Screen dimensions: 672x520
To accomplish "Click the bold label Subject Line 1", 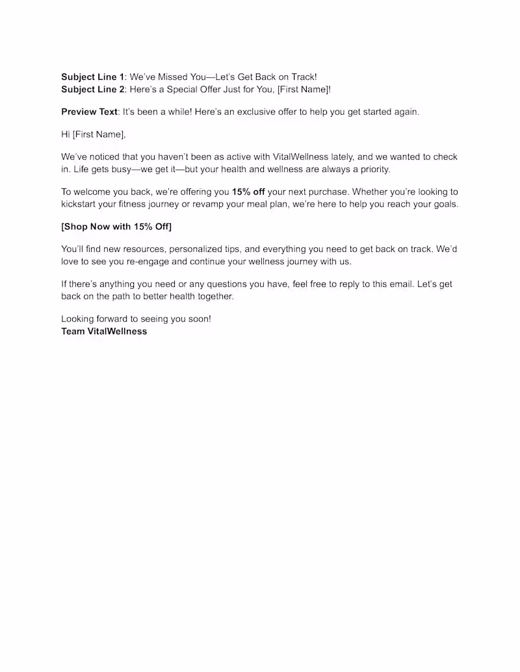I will [x=92, y=77].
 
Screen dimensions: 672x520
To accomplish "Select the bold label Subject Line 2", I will [x=92, y=90].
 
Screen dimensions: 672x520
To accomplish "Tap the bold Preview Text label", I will [x=89, y=112].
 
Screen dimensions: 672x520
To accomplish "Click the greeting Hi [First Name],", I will [x=93, y=134].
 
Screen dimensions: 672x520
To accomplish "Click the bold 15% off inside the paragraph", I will [x=248, y=192].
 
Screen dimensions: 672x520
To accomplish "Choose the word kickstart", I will [x=81, y=205].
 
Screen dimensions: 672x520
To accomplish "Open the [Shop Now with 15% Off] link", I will [x=116, y=227].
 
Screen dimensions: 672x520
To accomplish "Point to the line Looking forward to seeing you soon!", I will [x=136, y=319].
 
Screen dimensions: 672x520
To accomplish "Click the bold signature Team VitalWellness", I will [x=104, y=331].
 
